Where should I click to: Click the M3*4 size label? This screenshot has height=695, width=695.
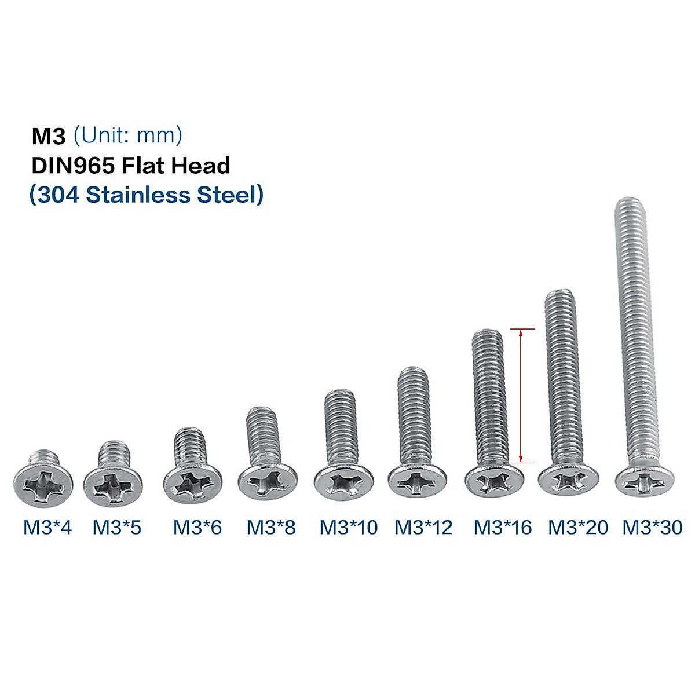pyautogui.click(x=47, y=528)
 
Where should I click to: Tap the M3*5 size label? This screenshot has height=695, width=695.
pyautogui.click(x=116, y=528)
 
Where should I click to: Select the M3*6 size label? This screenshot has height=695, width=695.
pyautogui.click(x=197, y=528)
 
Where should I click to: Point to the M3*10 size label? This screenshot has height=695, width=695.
pyautogui.click(x=348, y=528)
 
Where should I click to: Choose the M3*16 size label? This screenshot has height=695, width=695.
pyautogui.click(x=502, y=528)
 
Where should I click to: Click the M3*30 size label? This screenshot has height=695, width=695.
pyautogui.click(x=652, y=528)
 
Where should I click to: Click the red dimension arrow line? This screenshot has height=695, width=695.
pyautogui.click(x=521, y=396)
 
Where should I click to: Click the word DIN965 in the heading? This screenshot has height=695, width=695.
pyautogui.click(x=73, y=166)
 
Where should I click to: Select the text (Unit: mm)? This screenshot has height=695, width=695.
pyautogui.click(x=128, y=136)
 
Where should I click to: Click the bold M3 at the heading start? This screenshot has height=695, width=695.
pyautogui.click(x=49, y=136)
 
